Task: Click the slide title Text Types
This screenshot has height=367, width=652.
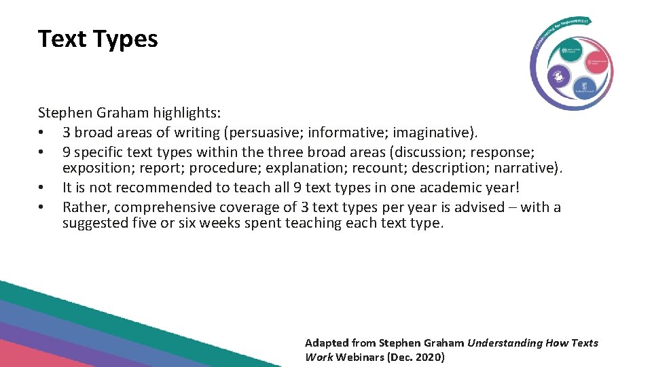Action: pos(98,39)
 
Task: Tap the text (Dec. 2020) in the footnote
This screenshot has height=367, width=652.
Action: pos(415,357)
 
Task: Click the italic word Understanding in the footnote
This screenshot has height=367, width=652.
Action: pos(505,343)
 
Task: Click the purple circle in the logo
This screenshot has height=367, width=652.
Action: pos(558,77)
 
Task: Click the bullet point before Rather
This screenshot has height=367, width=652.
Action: pos(42,207)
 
